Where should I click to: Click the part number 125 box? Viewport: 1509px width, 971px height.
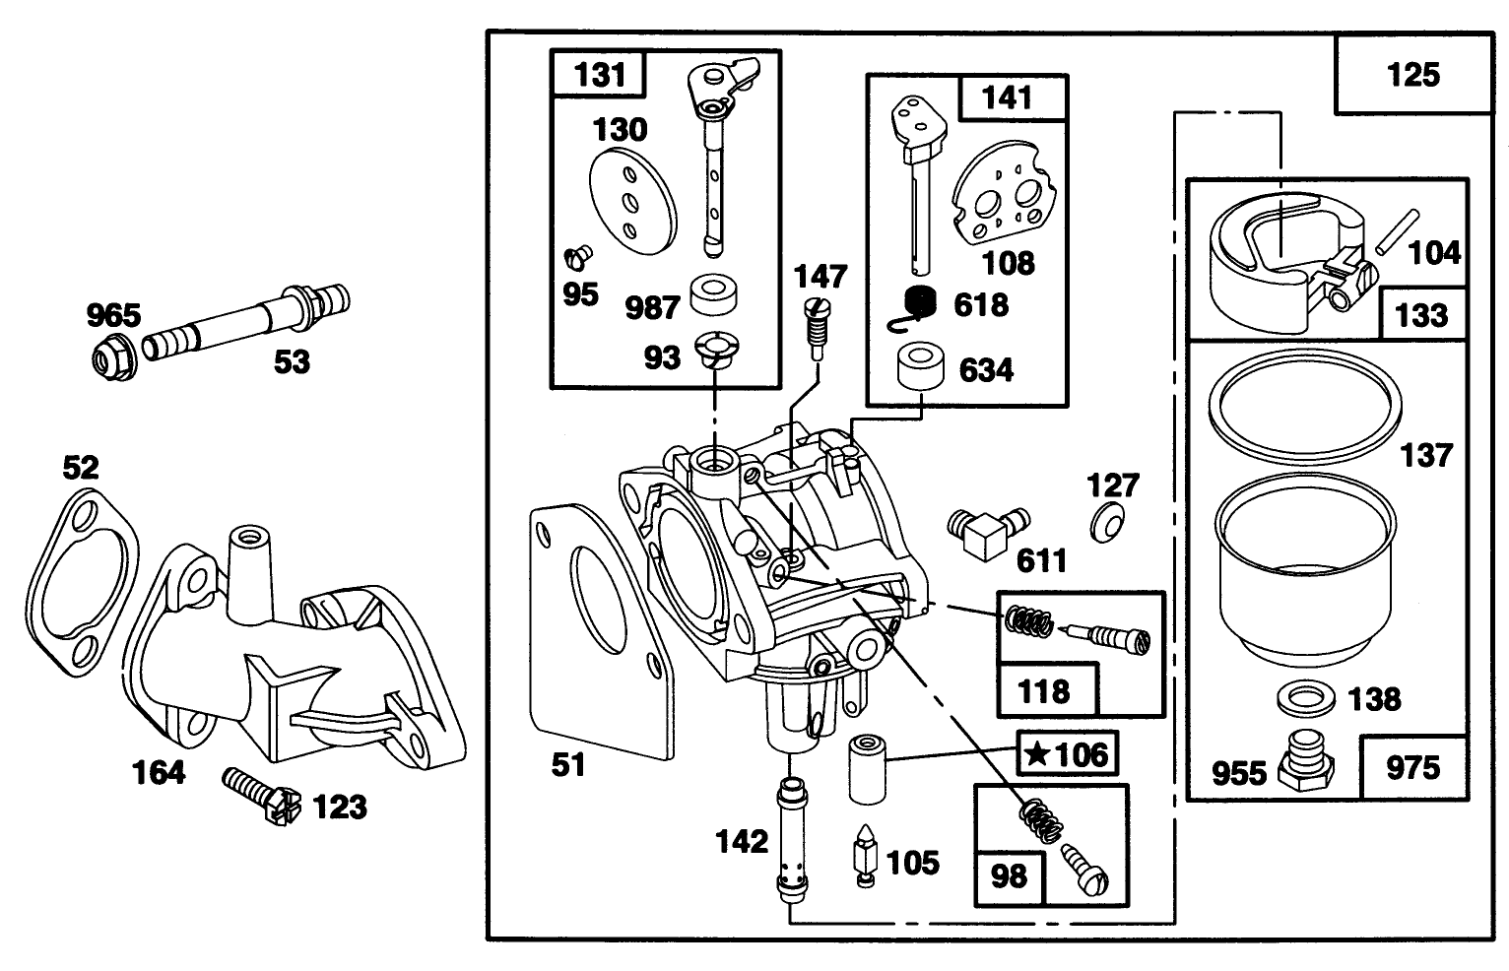pos(1412,75)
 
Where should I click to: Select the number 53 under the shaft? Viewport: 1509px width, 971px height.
pos(292,362)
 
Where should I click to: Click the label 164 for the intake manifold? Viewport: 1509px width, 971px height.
pos(159,772)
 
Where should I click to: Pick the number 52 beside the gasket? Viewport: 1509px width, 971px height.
pos(81,467)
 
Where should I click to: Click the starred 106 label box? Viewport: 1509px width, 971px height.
pos(1067,754)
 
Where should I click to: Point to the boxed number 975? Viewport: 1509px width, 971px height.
pos(1412,767)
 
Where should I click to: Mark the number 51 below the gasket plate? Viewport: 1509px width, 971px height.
pos(568,764)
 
